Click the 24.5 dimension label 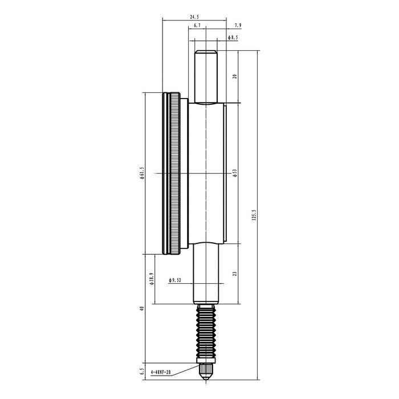point(194,17)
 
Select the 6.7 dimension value point(197,26)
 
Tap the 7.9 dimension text point(238,26)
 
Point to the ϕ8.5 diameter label point(233,38)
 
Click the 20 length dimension point(235,76)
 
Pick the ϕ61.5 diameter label point(142,173)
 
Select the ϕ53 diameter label point(235,173)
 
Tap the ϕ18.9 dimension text point(152,279)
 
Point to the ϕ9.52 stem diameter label point(175,280)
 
